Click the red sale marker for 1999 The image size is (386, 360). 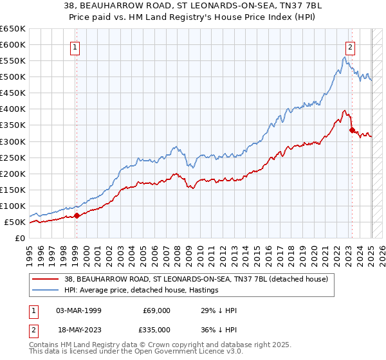[77, 216]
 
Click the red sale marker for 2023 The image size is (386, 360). [352, 130]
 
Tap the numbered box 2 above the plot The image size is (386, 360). [350, 46]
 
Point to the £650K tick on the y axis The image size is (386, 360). [13, 29]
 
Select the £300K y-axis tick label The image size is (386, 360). [13, 141]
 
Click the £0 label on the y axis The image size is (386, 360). [20, 239]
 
